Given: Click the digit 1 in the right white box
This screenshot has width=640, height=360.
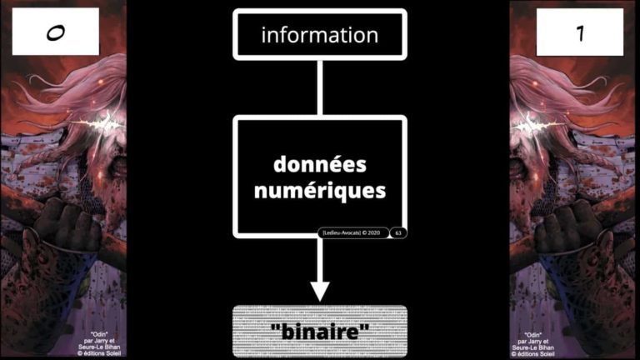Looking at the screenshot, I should pos(579,32).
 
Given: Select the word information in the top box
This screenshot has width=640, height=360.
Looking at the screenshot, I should pos(319,35).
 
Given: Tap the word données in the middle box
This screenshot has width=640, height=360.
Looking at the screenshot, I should pos(321,164).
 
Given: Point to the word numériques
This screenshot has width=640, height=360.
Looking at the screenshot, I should pos(321,190).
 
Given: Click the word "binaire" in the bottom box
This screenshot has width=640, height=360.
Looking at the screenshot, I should pos(320,331).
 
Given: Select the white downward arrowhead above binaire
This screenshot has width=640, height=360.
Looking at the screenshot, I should pos(320,291).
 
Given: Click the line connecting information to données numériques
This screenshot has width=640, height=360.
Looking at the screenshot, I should pos(320,87).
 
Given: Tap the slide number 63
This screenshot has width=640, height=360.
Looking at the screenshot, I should pos(398,232).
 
